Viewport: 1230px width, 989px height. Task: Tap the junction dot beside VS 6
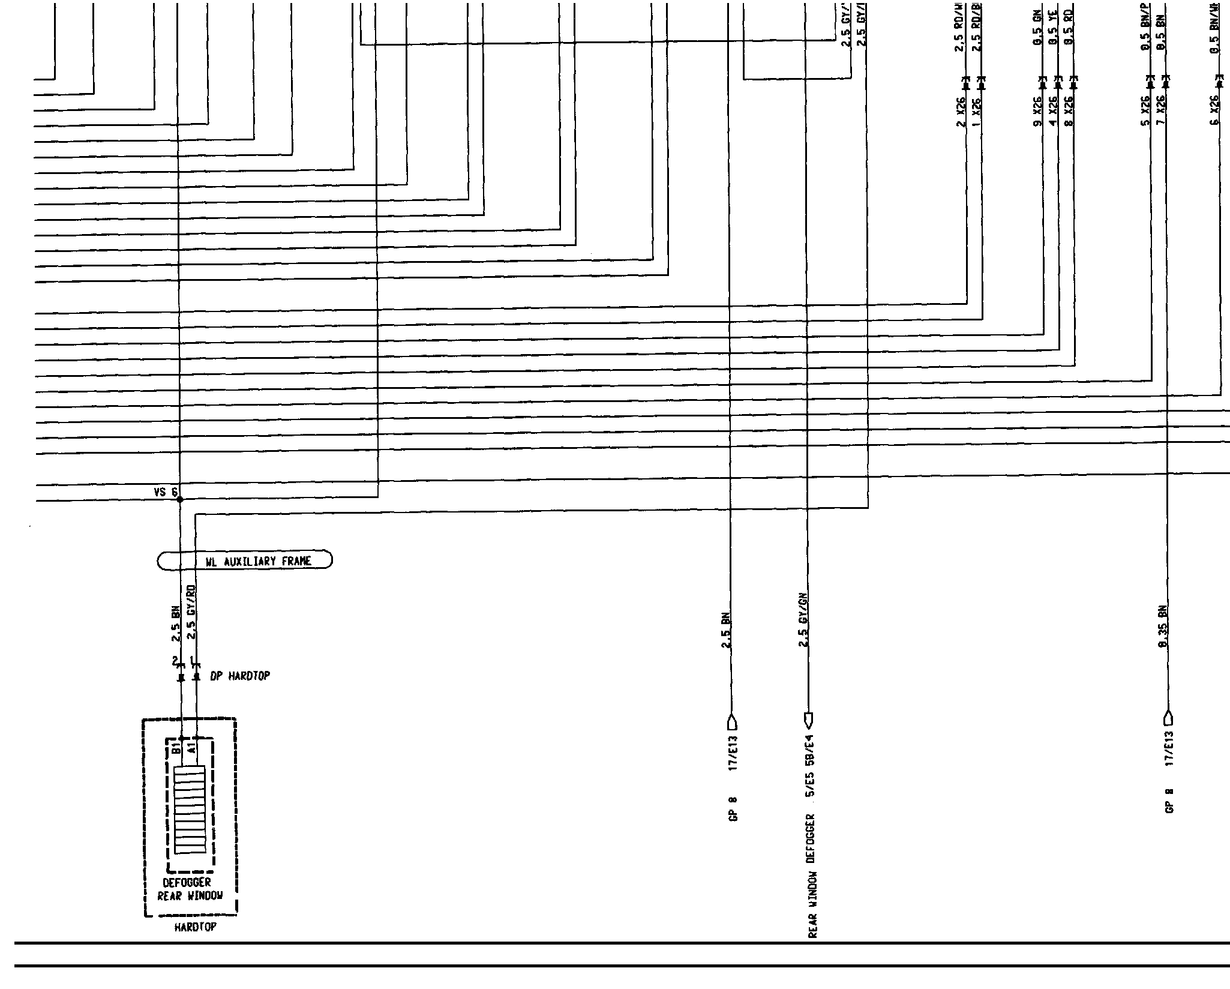(x=179, y=499)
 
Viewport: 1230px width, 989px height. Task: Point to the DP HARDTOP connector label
(x=240, y=676)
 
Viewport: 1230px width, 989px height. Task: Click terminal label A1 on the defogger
(x=191, y=748)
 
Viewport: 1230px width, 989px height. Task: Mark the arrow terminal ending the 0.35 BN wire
(x=1167, y=718)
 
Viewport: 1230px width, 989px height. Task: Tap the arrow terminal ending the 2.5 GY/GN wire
(x=807, y=718)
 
